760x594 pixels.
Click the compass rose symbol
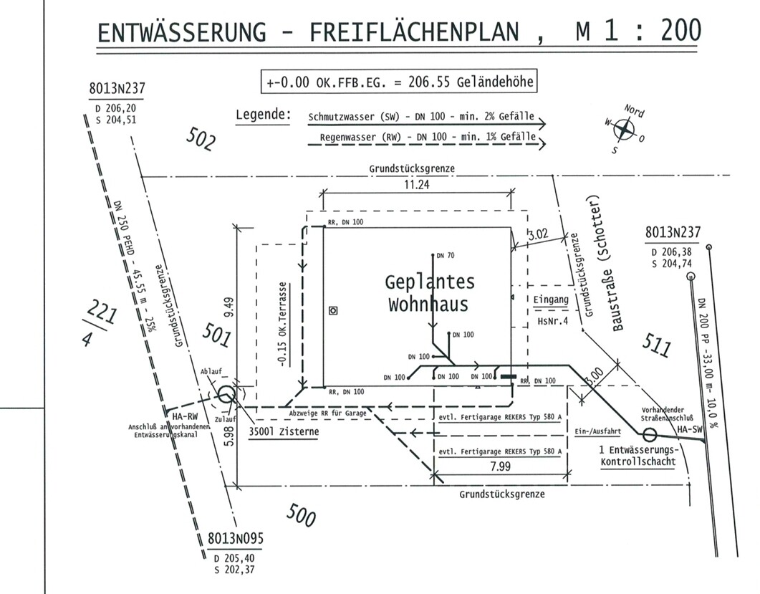coord(625,130)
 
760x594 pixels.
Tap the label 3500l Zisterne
coord(283,432)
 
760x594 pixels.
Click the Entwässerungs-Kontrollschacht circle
coord(650,433)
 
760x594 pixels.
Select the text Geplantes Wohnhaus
coord(429,292)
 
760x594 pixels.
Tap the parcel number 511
coord(657,345)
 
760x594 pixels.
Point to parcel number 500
coord(301,514)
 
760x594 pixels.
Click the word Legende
coord(263,115)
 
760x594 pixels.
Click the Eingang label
coord(550,300)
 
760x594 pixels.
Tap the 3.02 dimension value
coord(538,234)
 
